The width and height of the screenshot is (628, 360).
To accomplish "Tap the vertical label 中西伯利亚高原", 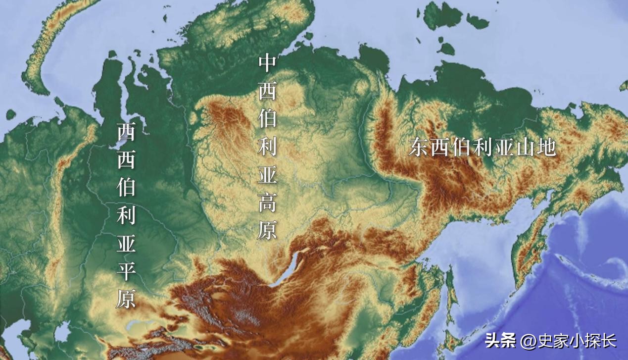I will [x=267, y=148].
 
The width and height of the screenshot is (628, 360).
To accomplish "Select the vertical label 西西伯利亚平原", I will [x=126, y=215].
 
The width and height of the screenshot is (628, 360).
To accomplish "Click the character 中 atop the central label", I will [x=267, y=63].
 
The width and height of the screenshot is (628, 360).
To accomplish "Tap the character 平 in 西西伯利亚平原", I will [x=126, y=271].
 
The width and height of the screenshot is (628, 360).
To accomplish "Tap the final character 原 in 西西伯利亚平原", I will [x=126, y=299].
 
